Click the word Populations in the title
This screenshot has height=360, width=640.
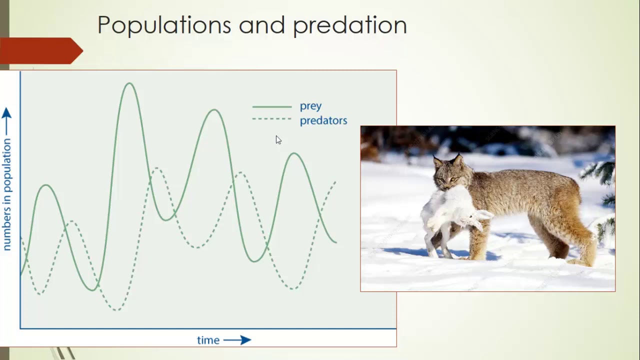163,25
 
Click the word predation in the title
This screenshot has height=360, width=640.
349,25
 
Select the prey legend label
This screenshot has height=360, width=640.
310,106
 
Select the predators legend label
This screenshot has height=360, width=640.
323,120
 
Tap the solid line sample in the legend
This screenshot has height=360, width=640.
271,106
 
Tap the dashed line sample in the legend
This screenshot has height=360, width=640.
271,119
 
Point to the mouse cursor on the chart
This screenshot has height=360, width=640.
278,140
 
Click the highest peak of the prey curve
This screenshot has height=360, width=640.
129,83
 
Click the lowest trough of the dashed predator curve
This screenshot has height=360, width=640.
116,310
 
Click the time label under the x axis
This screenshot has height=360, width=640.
208,340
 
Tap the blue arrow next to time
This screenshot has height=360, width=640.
237,340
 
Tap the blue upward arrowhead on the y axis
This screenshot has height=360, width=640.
6,113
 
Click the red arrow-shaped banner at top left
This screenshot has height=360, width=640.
40,50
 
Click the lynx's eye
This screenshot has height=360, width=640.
452,179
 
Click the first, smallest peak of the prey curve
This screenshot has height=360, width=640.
46,185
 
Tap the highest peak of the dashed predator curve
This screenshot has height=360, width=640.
156,168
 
